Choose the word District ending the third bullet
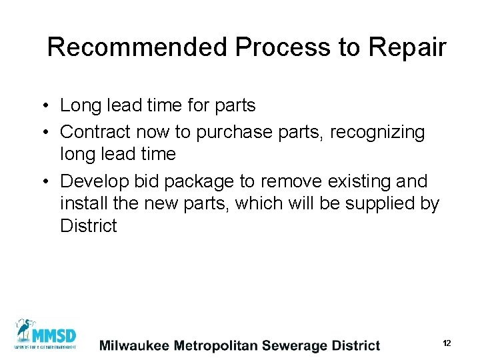(88, 226)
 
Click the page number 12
(447, 343)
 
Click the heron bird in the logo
(25, 331)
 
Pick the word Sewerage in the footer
(294, 345)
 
